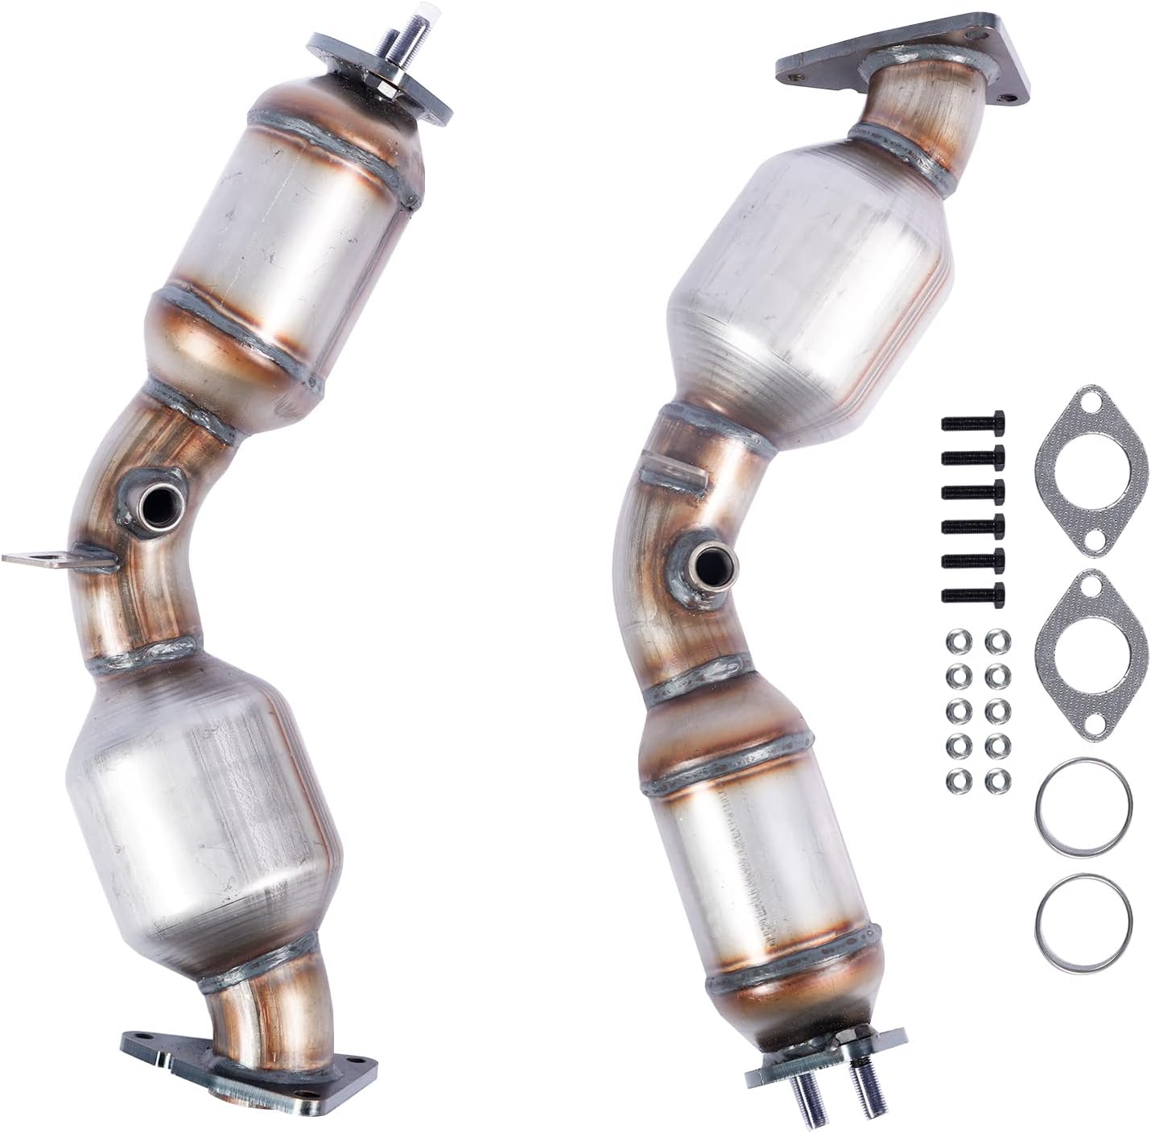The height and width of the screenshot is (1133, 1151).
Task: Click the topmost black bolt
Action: pos(972,422)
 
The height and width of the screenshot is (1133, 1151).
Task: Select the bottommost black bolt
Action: pos(972,594)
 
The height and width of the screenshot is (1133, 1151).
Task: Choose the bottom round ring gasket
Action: pos(1084,915)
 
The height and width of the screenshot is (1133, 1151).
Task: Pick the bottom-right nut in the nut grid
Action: pos(996,779)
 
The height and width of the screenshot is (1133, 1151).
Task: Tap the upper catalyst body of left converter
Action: pos(290,225)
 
